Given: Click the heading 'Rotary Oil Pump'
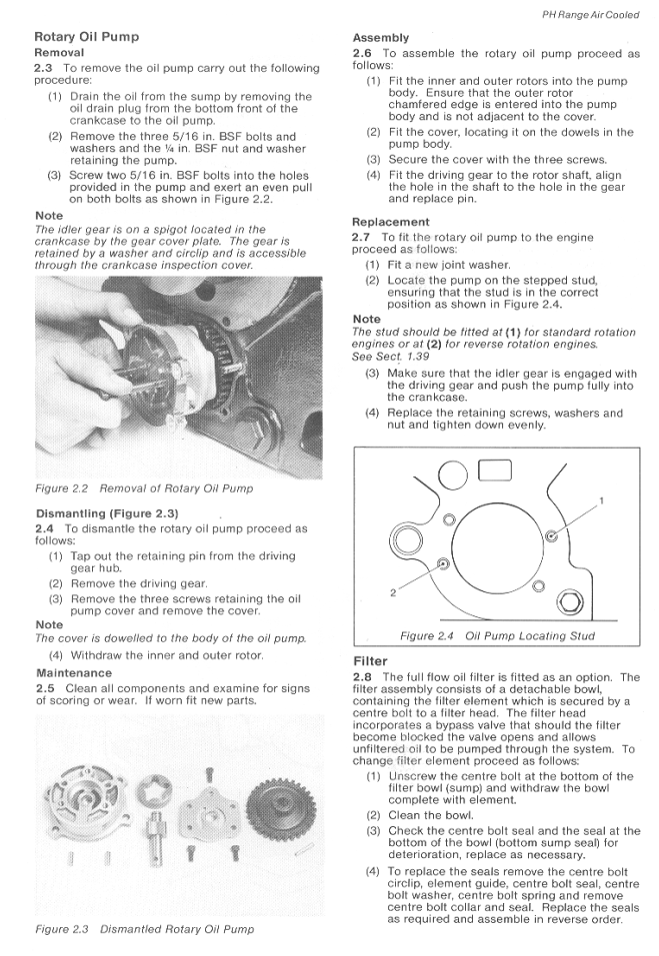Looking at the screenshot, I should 87,37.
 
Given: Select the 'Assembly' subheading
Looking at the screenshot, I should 381,38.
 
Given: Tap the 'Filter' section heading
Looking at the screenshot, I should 371,661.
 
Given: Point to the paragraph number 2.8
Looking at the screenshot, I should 364,678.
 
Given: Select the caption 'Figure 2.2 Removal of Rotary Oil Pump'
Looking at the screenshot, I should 144,488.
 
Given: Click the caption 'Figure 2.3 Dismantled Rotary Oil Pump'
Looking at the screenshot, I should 144,929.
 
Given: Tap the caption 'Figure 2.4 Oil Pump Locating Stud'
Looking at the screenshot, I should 497,636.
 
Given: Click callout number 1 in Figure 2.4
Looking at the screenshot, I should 601,499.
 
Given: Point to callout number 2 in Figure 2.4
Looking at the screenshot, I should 393,591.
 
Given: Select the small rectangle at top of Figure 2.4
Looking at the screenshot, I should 494,471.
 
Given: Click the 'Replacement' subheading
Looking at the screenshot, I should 391,222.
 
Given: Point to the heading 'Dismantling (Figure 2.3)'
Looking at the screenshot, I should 109,513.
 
